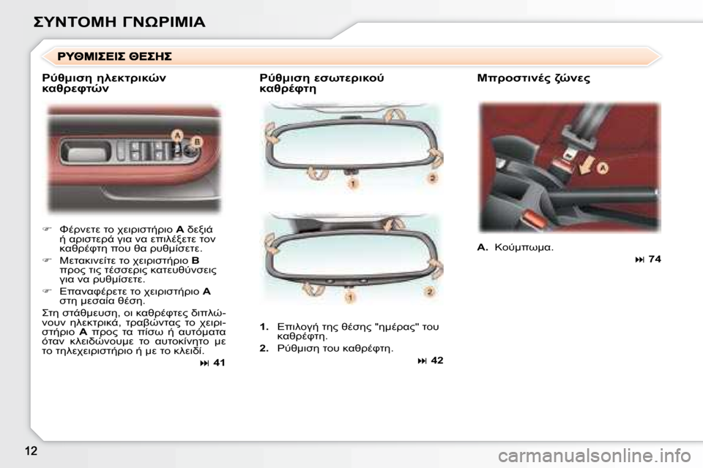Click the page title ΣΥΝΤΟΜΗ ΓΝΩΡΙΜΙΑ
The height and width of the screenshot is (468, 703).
pos(119,21)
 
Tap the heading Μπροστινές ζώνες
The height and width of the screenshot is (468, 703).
pos(533,78)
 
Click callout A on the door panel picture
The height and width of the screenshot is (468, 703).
pos(176,135)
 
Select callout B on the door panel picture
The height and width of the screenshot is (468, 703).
pos(197,140)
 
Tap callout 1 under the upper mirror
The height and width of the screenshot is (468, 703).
pos(353,184)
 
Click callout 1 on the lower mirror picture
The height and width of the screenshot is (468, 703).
pos(351,298)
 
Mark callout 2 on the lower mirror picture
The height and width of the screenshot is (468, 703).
pos(430,292)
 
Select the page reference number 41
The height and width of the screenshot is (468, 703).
pos(219,363)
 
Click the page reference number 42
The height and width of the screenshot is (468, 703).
pos(436,361)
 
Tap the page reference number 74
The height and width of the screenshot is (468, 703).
pos(654,259)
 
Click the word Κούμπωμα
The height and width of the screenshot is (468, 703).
pos(524,247)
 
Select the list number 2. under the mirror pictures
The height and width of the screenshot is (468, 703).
pos(264,348)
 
